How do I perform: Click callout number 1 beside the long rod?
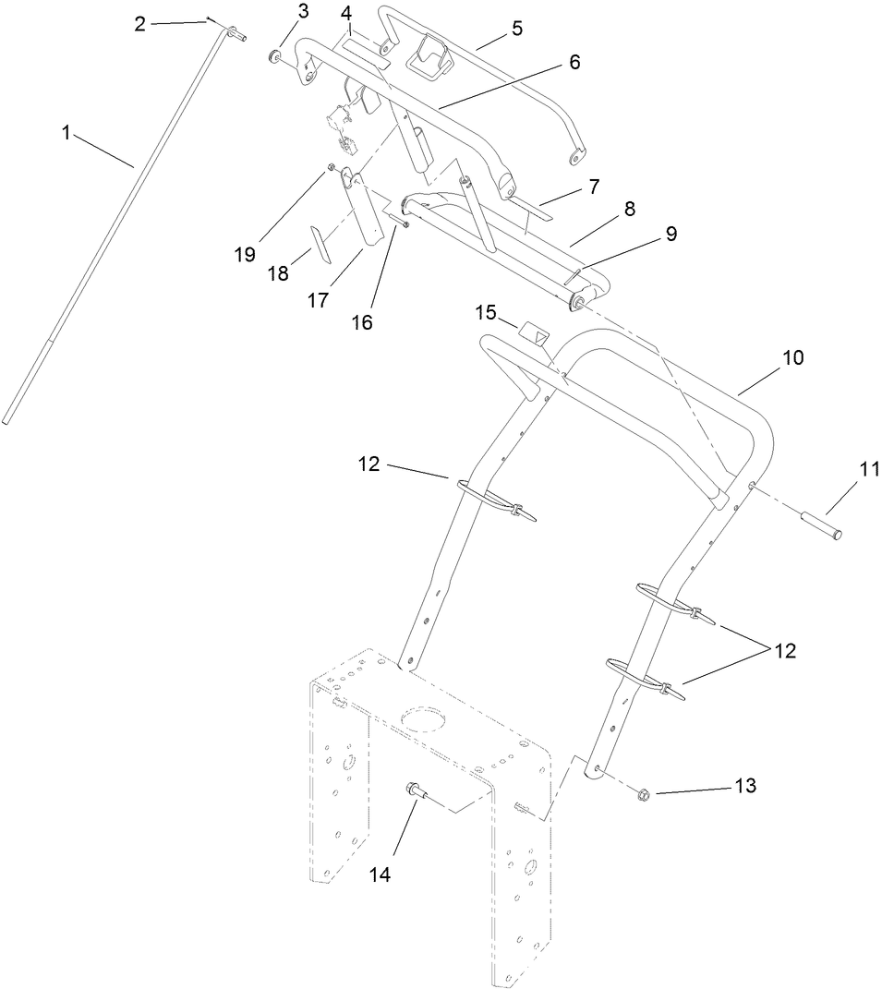pyautogui.click(x=66, y=133)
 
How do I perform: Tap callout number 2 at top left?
pyautogui.click(x=140, y=24)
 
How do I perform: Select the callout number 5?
pyautogui.click(x=517, y=28)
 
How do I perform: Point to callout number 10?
pyautogui.click(x=793, y=357)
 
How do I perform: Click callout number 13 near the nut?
pyautogui.click(x=745, y=786)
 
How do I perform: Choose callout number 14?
pyautogui.click(x=381, y=874)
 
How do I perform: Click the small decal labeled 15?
pyautogui.click(x=534, y=332)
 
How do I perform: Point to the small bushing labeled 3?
pyautogui.click(x=274, y=58)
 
